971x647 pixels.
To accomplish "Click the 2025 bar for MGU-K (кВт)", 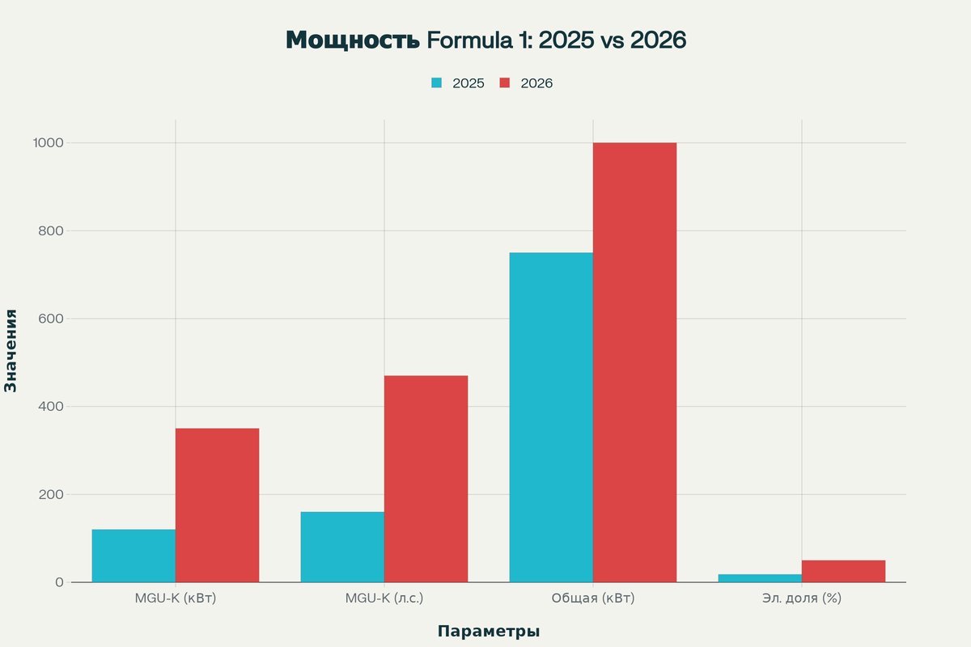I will tap(134, 556).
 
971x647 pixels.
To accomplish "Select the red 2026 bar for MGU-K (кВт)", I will tap(217, 505).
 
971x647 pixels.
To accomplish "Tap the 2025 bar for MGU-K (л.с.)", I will tap(342, 547).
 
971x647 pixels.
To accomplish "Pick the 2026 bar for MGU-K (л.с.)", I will tap(426, 479).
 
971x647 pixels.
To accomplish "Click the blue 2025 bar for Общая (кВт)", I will tap(551, 417).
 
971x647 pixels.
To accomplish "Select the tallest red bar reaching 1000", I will tap(634, 362).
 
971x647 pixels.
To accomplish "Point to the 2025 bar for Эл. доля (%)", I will tap(760, 578).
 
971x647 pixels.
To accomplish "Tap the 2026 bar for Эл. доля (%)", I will tap(843, 571).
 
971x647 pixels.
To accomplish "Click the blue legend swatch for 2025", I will tap(437, 83).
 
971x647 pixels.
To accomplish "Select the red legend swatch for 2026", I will tap(505, 83).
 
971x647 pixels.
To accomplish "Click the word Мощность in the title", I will tap(352, 40).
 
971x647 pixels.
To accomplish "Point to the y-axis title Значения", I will tap(11, 350).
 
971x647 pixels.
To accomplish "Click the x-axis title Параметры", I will tap(489, 632).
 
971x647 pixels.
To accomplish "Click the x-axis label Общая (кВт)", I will tap(593, 599).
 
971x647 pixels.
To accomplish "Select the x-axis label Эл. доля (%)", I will tap(802, 599).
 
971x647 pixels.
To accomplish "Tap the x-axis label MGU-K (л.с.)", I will tap(384, 599).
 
